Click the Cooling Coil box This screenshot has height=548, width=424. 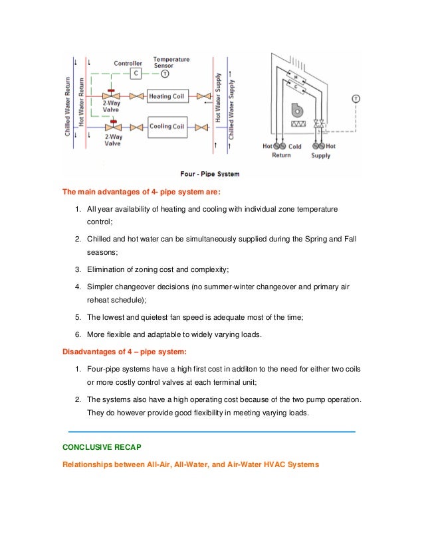pos(166,127)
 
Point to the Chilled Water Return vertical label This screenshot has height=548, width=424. pos(68,107)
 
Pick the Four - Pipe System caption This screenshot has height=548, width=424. pos(211,174)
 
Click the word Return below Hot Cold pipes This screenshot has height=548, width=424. pos(281,156)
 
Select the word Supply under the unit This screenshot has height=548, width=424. pos(321,156)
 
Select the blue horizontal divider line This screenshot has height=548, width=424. pos(211,432)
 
